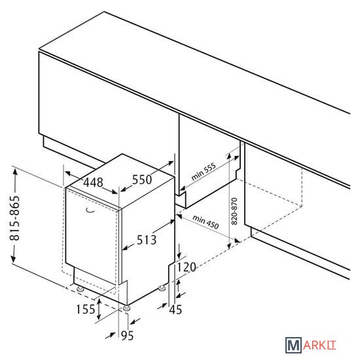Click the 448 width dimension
93,183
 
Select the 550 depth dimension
142,179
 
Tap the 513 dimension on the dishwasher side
147,240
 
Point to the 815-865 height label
14,218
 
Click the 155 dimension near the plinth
85,309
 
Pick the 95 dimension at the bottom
127,336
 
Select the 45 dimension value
175,310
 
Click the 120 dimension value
187,267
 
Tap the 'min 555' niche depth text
204,171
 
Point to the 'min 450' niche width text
206,222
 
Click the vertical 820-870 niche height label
234,211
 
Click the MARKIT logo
311,345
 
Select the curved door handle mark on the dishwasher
90,211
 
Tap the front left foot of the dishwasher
81,289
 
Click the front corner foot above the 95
126,308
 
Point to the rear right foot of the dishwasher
162,288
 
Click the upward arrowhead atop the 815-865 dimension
15,171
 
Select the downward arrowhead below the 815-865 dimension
13,259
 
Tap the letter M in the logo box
293,345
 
